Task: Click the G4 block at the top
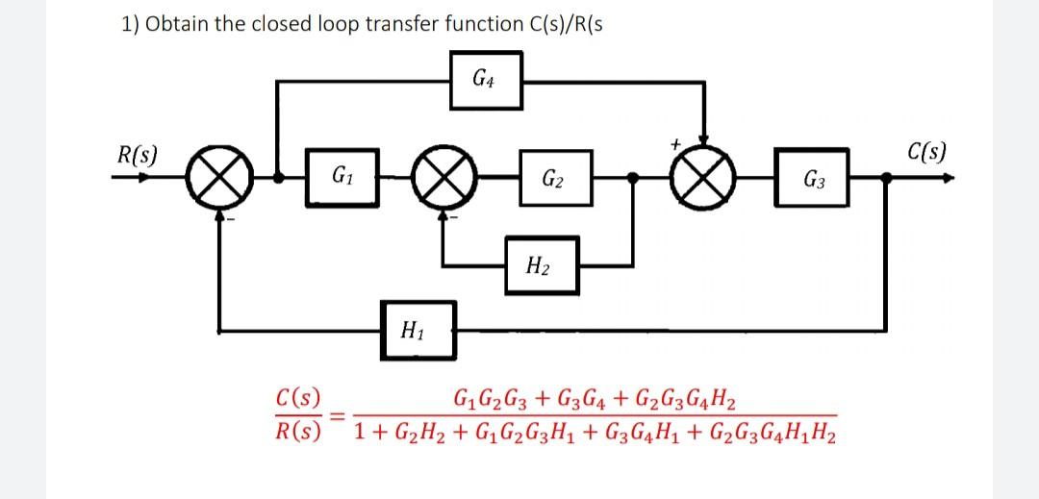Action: (486, 79)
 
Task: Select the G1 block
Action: (340, 178)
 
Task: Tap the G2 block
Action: (552, 178)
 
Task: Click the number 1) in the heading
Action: (131, 26)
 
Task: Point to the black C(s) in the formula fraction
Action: (297, 396)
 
